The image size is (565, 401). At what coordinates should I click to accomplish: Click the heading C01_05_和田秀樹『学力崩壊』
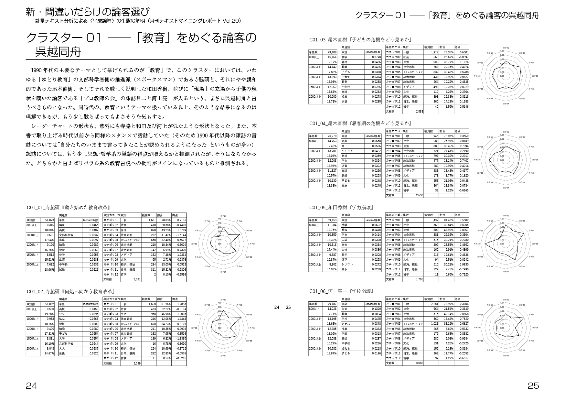[x=341, y=208]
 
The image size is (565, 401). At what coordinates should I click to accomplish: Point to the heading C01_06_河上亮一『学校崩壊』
[x=341, y=291]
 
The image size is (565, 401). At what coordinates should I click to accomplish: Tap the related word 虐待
[x=345, y=62]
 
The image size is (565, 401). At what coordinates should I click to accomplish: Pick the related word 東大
[x=345, y=245]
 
